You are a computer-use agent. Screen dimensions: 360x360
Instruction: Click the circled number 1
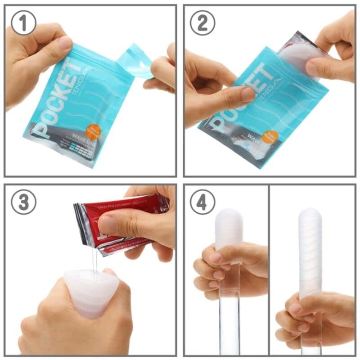(x=23, y=23)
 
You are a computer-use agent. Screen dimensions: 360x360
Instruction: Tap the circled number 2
(x=202, y=23)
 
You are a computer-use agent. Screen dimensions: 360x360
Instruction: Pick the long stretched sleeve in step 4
(x=310, y=252)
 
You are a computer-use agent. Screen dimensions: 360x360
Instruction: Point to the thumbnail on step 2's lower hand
(x=247, y=94)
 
